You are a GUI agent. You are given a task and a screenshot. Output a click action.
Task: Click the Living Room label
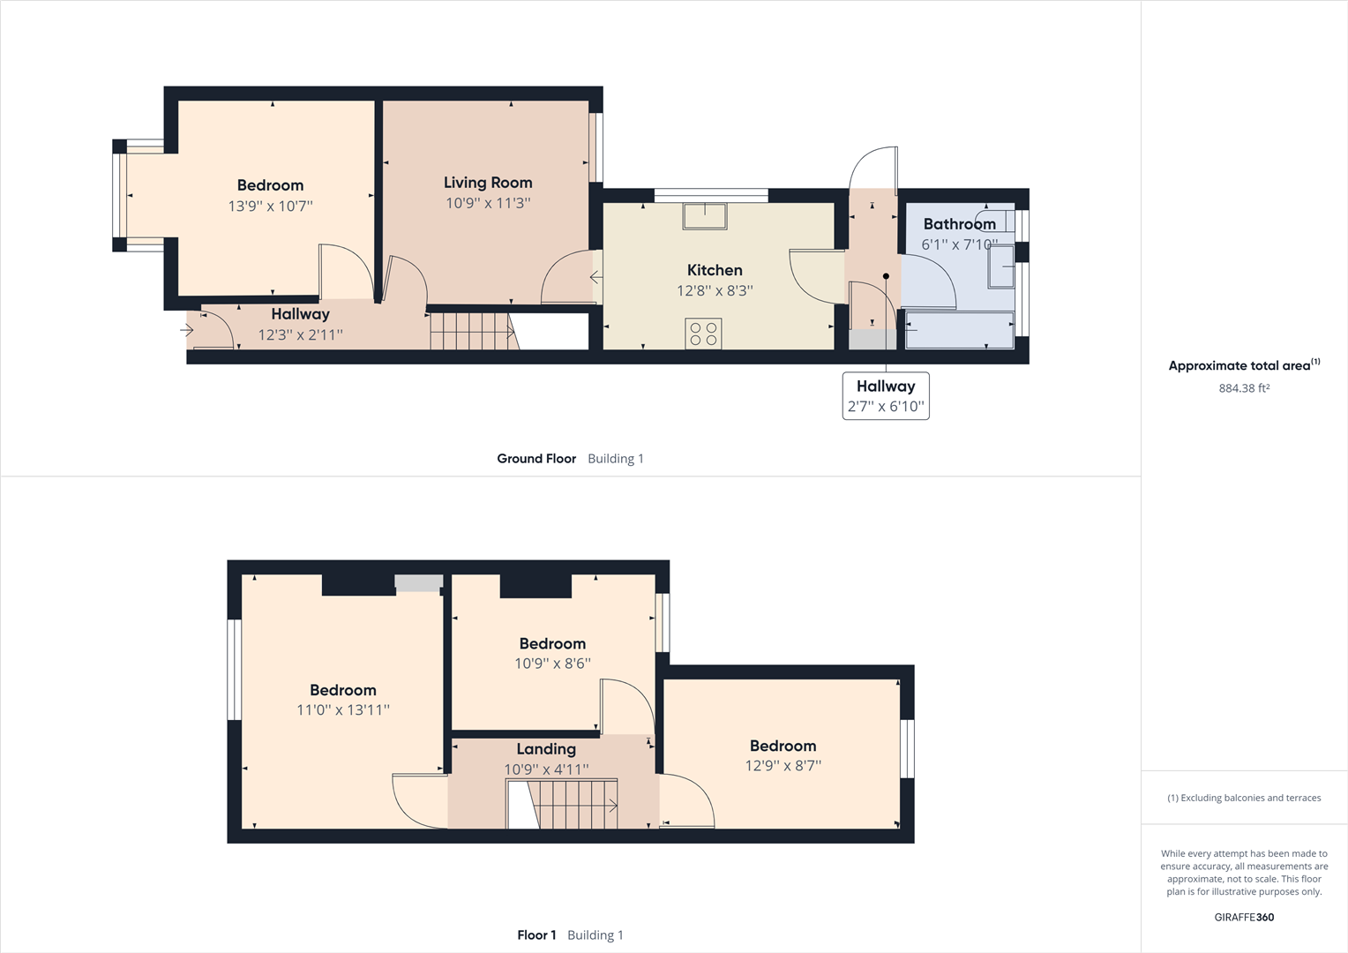pos(488,183)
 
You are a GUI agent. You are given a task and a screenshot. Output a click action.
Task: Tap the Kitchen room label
pos(715,270)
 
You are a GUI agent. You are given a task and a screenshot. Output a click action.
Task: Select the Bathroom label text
pos(959,224)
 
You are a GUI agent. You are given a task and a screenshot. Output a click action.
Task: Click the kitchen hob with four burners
pos(703,334)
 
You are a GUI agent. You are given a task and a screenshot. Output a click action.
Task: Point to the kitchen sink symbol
pos(704,215)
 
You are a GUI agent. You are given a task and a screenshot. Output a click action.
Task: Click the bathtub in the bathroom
pos(959,330)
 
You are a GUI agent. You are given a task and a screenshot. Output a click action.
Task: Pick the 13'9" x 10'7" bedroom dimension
pos(270,206)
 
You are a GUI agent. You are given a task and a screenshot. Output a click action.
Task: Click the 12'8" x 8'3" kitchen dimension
pos(715,291)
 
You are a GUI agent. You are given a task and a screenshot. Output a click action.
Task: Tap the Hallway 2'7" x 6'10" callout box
pos(886,396)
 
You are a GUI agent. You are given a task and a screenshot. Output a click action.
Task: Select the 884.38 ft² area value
pos(1244,388)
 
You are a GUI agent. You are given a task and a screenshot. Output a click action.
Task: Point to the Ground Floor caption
pos(536,459)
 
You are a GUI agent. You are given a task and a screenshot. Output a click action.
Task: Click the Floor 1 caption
pos(536,935)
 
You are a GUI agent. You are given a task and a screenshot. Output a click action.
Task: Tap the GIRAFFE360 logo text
pos(1244,918)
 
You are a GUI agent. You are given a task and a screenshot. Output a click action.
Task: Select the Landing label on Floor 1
pos(546,749)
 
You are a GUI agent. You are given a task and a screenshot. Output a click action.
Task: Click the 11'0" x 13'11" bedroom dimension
pos(343,710)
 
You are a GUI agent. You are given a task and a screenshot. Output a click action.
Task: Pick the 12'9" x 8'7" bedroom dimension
pos(783,766)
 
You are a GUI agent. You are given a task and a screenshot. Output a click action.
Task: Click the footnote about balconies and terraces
pos(1244,798)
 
